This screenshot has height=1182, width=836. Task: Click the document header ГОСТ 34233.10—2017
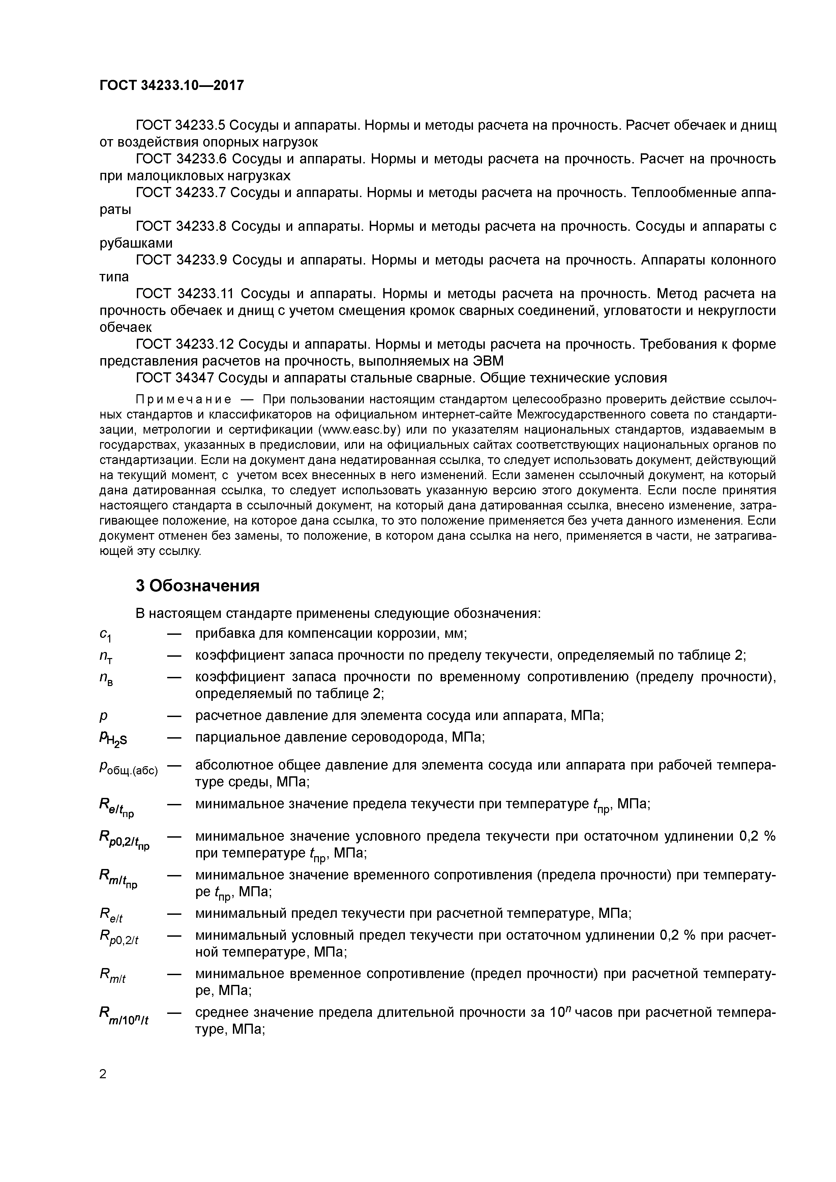[172, 86]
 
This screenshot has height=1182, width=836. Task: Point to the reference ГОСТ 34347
[174, 378]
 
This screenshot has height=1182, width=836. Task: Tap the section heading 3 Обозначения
[197, 586]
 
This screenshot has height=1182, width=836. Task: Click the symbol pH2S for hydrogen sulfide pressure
[113, 739]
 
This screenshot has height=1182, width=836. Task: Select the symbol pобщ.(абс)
[128, 770]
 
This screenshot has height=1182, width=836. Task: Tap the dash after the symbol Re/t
[175, 914]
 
